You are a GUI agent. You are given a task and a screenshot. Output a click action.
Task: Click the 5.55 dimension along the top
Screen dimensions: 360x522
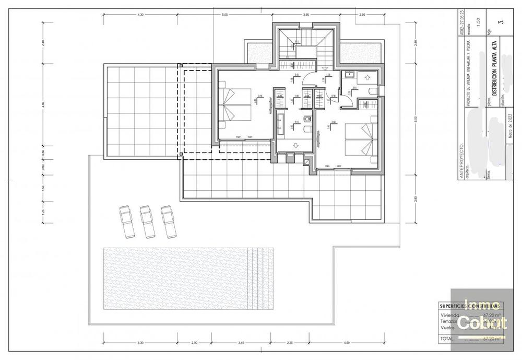[224, 15]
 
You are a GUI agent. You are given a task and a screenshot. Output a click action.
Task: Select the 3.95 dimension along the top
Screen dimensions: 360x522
[306, 15]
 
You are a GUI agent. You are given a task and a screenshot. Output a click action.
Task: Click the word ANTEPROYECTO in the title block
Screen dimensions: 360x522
[461, 159]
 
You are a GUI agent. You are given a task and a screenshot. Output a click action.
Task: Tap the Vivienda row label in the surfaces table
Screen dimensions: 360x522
[449, 315]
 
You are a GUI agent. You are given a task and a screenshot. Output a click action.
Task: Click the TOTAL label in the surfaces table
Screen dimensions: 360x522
[447, 339]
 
